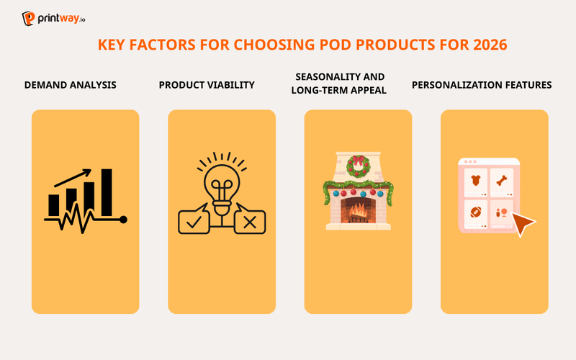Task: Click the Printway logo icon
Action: pos(29,18)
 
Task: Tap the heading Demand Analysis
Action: pos(71,85)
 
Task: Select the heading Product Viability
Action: pos(207,85)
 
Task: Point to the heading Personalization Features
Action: pos(482,85)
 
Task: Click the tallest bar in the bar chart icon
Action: pos(107,192)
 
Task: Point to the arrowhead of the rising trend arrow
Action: pos(88,173)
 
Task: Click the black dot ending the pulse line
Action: pos(123,219)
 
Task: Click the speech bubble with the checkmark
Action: pos(193,222)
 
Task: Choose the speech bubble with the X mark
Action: pos(250,222)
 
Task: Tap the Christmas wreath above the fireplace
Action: pos(358,166)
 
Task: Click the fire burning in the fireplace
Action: pos(358,210)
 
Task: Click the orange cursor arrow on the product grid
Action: pos(523,225)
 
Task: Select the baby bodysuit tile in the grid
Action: pos(476,181)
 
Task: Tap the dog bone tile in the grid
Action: pos(502,181)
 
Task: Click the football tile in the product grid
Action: pos(476,212)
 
